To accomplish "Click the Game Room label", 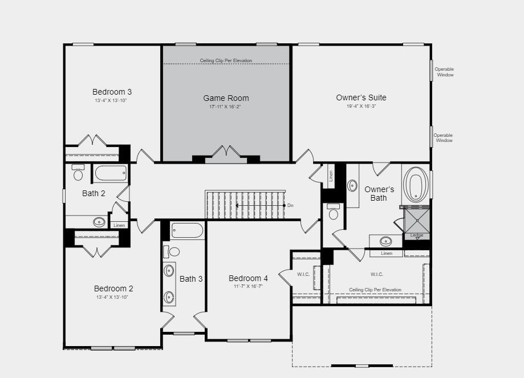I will click(x=226, y=98).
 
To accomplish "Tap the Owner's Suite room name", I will click(x=361, y=97).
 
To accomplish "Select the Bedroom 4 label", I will click(x=248, y=278).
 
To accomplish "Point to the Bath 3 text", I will click(x=191, y=279).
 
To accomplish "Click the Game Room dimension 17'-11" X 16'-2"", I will click(x=226, y=107).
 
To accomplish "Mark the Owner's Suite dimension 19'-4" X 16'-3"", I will click(x=361, y=106).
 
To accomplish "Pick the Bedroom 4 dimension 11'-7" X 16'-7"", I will click(x=248, y=286).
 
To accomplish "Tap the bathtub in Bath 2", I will click(x=111, y=173).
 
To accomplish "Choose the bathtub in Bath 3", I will click(x=187, y=231).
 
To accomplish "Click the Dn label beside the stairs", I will click(x=290, y=205).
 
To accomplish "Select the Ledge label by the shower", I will click(x=416, y=235).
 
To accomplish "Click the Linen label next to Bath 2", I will click(x=119, y=225).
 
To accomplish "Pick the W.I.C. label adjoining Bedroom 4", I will click(x=303, y=274).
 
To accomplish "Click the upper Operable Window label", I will click(x=445, y=72).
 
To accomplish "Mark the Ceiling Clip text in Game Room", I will click(x=226, y=60).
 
